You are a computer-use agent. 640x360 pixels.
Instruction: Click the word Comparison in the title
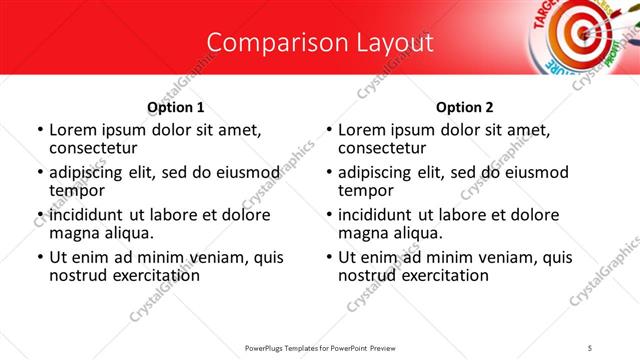(265, 43)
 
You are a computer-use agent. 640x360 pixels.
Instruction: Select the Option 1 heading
(176, 107)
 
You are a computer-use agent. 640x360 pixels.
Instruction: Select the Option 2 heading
(465, 107)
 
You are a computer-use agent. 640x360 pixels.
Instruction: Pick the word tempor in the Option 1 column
(77, 190)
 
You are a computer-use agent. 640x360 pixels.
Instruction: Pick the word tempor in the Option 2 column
(366, 190)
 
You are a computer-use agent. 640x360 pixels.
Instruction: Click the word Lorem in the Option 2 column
(361, 130)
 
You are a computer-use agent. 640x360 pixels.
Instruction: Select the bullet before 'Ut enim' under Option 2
(329, 257)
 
